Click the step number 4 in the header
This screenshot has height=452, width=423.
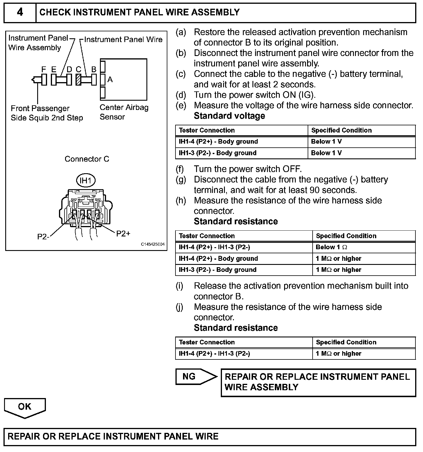coord(20,12)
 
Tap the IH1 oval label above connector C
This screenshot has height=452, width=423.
coord(86,181)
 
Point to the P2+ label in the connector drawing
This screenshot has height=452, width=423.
coord(123,234)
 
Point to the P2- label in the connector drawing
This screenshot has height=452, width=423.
coord(43,237)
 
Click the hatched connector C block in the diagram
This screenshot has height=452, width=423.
coord(78,79)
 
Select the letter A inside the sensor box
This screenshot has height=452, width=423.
coord(110,79)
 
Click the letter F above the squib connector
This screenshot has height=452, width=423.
coord(44,69)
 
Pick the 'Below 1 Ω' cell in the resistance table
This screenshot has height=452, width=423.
coord(331,247)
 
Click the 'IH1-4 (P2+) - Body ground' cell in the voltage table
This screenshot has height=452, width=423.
coord(218,142)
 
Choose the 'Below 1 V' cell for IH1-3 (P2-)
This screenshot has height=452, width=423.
coord(326,153)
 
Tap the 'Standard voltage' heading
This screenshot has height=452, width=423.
coord(229,116)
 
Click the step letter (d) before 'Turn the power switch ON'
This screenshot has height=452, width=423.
coord(181,95)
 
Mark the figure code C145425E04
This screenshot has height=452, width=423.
coord(153,244)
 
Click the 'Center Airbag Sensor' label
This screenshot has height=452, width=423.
coord(124,112)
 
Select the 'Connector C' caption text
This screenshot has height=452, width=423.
coord(87,159)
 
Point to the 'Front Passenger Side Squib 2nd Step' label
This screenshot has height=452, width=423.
coord(46,113)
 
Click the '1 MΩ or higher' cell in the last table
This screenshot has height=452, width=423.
coord(338,353)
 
